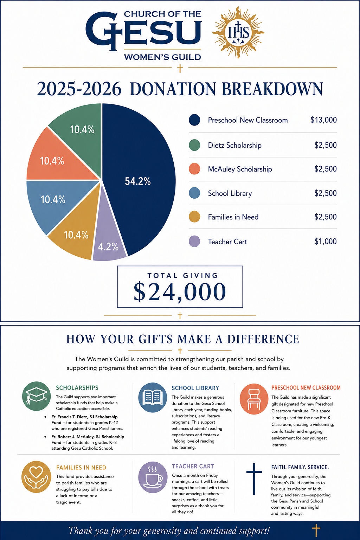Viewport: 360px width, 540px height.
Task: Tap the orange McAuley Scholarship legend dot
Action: coord(194,169)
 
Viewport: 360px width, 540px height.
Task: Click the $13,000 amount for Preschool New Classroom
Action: coord(323,120)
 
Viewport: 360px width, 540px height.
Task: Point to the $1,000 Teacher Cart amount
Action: coord(326,241)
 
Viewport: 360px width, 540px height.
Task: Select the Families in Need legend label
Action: coord(233,217)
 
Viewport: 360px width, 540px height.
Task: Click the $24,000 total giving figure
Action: coord(180,292)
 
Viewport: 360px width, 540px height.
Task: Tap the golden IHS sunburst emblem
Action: coord(238,33)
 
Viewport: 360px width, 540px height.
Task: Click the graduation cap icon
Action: coord(37,396)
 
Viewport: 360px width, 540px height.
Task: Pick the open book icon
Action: coord(153,397)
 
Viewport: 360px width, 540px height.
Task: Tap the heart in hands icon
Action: coord(36,477)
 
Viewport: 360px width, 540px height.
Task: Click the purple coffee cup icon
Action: coord(153,477)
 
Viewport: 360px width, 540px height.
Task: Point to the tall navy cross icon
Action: coord(254,479)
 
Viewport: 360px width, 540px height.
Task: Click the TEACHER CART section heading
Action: coord(193,467)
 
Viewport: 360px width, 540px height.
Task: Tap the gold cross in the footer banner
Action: coord(316,531)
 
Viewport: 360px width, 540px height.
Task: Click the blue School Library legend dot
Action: coord(194,193)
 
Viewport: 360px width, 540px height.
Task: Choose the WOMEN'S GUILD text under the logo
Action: coord(162,57)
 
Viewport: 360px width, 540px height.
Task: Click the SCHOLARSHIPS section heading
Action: coord(77,388)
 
